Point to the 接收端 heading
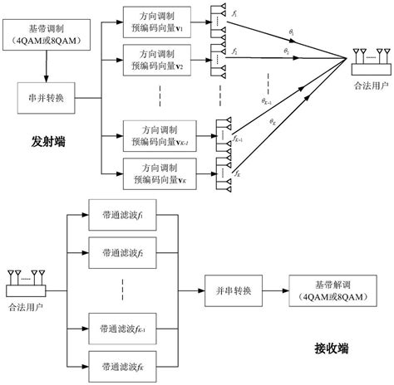[x=330, y=348]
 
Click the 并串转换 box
[x=234, y=291]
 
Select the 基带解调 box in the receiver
[x=331, y=291]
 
